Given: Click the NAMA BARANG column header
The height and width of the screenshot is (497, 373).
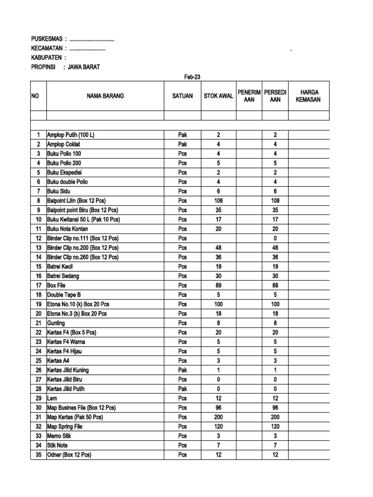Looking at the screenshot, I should click(x=105, y=96).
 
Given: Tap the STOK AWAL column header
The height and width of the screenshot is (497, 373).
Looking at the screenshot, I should click(x=218, y=96).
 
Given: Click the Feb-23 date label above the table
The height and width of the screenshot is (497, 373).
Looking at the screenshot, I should click(x=192, y=77).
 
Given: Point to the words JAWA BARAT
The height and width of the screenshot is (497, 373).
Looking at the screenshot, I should click(x=84, y=67).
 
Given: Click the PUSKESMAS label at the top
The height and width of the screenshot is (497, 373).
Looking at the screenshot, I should click(x=47, y=39).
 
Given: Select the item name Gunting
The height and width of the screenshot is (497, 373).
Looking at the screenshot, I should click(x=56, y=323).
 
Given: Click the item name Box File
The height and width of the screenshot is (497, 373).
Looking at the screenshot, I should click(x=56, y=285).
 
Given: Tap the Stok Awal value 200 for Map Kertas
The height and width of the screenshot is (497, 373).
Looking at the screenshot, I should click(x=218, y=417).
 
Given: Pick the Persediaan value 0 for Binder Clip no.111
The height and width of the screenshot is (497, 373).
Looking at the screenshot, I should click(x=275, y=238).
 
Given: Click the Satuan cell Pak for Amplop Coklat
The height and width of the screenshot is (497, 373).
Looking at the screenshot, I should click(x=182, y=144).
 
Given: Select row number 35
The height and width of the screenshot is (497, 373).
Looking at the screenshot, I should click(x=38, y=455).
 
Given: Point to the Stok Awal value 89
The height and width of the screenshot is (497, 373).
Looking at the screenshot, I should click(x=218, y=285).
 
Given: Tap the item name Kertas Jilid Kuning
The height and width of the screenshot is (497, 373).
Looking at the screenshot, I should click(x=68, y=370).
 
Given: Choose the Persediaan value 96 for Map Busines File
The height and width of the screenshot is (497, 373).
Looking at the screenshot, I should click(x=275, y=408).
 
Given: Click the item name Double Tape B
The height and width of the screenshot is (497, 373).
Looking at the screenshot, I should click(x=64, y=295).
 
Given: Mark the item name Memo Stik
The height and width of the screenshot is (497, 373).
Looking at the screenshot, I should click(x=59, y=436).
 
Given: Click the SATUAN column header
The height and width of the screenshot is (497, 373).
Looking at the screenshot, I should click(x=182, y=96).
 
